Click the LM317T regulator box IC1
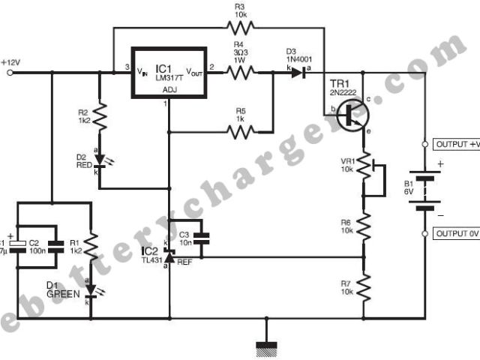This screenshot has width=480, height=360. click(169, 73)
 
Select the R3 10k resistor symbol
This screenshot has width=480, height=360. click(241, 28)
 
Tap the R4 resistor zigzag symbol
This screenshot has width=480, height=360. click(241, 73)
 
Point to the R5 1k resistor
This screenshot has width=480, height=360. click(241, 132)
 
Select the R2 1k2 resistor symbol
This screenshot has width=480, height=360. click(100, 117)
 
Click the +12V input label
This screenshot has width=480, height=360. click(13, 61)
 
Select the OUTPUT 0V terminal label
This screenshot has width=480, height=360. click(456, 234)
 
